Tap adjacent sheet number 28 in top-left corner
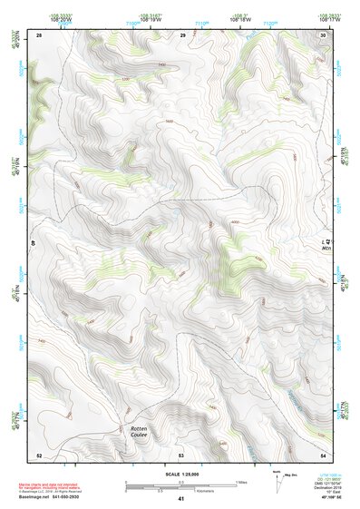(x=39, y=34)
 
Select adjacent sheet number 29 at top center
(x=182, y=34)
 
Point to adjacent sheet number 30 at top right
(x=323, y=34)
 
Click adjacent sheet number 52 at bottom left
(x=39, y=455)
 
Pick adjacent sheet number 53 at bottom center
(x=181, y=455)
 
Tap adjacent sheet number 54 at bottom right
(x=323, y=455)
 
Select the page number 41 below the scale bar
(x=181, y=498)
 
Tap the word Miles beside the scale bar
(x=241, y=482)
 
